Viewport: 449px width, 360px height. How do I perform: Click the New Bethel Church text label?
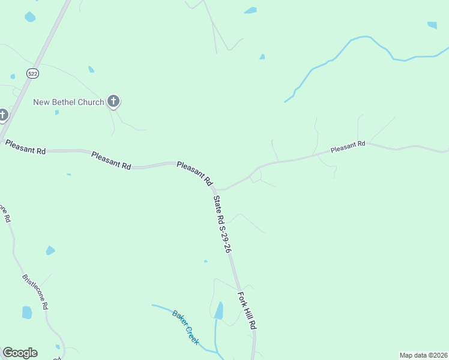pos(68,102)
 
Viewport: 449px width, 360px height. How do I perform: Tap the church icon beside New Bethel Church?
pos(113,101)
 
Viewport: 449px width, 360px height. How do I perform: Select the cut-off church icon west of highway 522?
pos(2,114)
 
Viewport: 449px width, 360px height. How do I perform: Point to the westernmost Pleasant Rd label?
pos(25,148)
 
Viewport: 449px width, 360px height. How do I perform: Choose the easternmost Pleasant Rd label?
pos(348,146)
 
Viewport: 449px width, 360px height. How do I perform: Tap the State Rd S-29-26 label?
pos(221,224)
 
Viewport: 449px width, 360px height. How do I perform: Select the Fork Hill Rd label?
pos(247,310)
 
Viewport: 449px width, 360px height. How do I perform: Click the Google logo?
pos(20,353)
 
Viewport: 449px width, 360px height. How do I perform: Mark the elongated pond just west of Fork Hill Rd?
pos(219,311)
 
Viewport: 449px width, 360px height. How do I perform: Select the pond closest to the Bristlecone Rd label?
pos(27,313)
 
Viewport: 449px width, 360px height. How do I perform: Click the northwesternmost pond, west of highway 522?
pos(30,17)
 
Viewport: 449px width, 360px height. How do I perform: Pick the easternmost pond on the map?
pos(432,25)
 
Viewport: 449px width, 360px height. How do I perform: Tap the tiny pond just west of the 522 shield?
pos(13,77)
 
